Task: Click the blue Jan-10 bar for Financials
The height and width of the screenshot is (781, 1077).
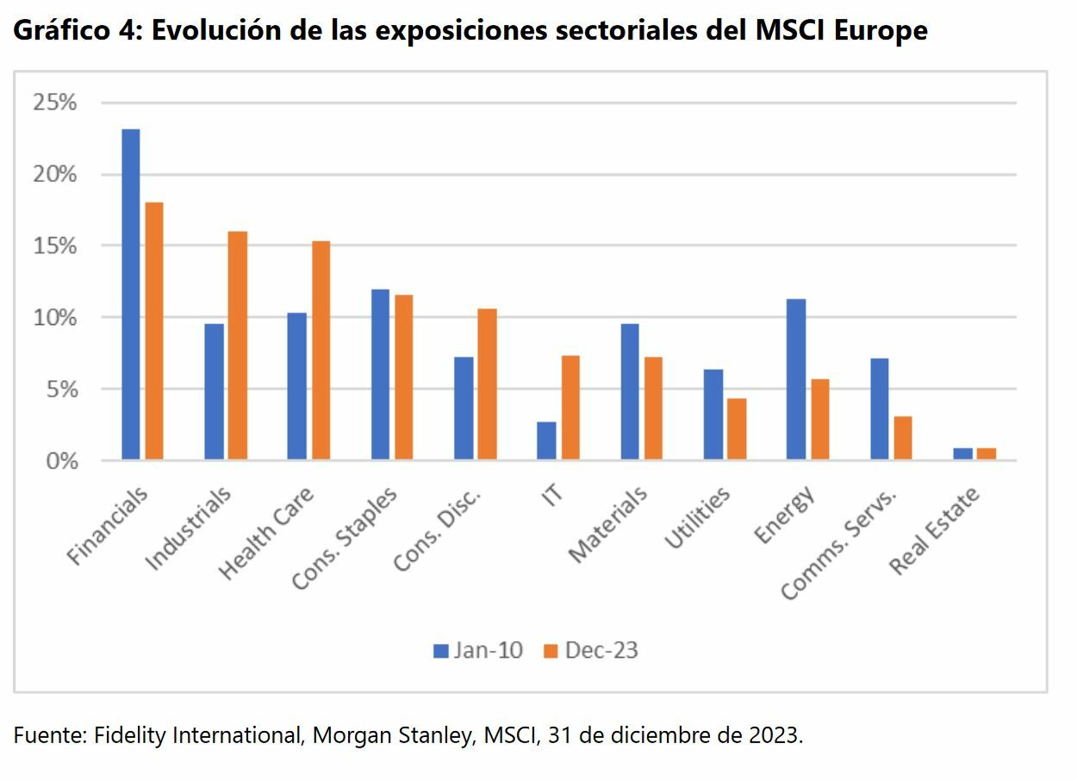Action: tap(131, 294)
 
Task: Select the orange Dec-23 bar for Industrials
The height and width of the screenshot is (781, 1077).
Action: tap(238, 345)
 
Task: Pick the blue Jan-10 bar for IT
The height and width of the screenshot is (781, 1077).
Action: tap(546, 440)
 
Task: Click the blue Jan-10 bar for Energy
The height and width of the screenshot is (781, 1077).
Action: tap(796, 379)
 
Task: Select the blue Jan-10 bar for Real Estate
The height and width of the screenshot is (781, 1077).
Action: tap(963, 453)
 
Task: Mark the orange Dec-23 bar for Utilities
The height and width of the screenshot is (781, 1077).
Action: tap(737, 428)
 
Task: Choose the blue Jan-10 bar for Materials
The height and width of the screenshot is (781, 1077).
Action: tap(630, 391)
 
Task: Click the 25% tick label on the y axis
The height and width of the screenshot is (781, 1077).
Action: tap(54, 103)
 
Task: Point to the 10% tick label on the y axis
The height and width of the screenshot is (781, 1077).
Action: tap(54, 317)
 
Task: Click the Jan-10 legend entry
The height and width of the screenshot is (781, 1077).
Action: tap(478, 650)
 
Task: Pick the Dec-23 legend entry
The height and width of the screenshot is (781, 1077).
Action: tap(591, 650)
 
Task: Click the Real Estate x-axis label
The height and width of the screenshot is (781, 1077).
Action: tap(935, 531)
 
